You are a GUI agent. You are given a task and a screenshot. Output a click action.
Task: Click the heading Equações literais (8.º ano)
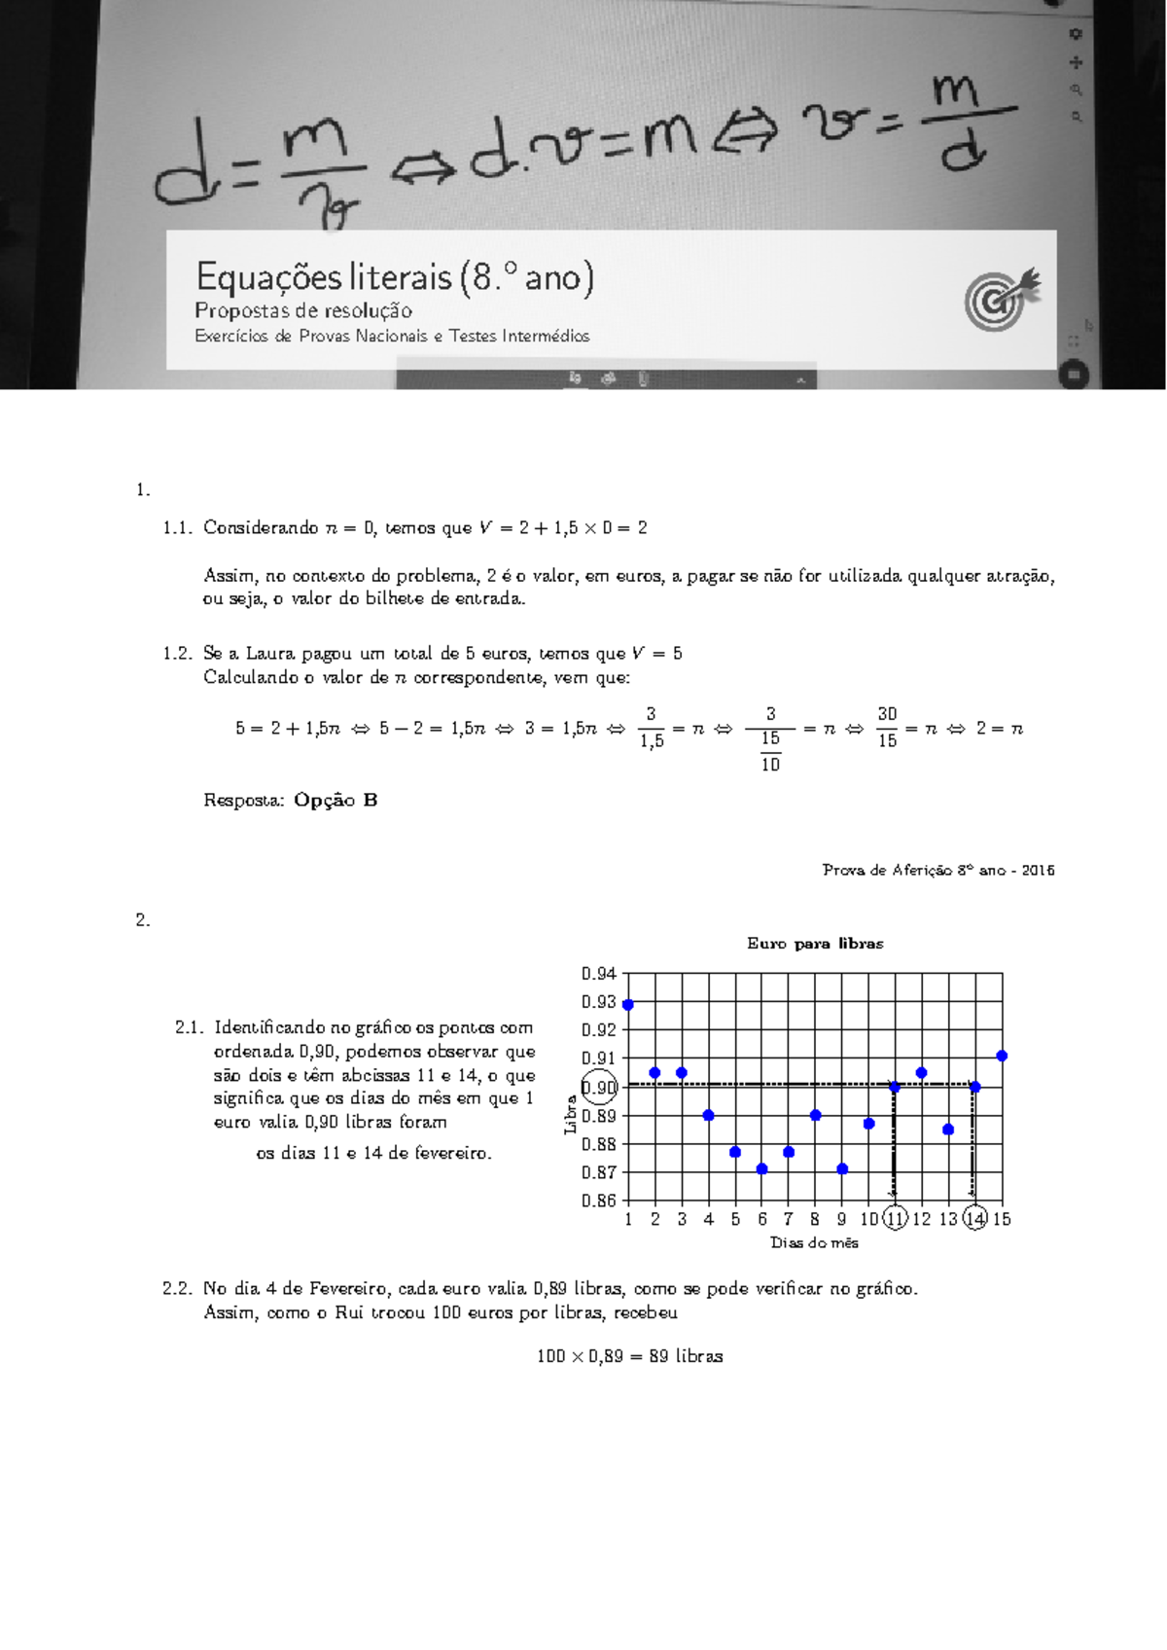[394, 278]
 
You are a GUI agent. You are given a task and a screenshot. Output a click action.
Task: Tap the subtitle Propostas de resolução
[303, 311]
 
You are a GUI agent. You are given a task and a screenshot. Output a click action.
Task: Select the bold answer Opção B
[336, 800]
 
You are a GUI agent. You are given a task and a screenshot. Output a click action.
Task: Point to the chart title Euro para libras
[815, 943]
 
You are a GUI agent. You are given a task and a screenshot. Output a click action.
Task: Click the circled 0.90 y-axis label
[599, 1088]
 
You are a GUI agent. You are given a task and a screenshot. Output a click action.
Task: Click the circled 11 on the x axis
[895, 1218]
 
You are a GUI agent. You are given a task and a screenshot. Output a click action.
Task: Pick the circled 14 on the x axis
[974, 1218]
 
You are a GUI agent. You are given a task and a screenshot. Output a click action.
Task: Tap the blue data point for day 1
[628, 1005]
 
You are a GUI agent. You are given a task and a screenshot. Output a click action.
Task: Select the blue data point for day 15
[1002, 1056]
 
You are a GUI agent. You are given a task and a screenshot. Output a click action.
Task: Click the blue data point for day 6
[762, 1169]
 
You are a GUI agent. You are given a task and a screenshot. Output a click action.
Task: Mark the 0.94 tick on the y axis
[599, 973]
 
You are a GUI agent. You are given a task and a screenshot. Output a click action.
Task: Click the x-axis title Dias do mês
[814, 1242]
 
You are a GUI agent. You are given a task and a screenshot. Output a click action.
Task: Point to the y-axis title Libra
[571, 1114]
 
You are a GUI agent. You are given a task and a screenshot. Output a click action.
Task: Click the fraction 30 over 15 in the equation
[887, 728]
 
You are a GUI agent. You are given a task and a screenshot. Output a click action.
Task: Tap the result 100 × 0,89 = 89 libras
[629, 1355]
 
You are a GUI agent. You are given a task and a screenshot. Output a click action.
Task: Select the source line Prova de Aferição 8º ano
[937, 870]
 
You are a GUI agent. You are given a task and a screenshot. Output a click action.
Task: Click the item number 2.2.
[178, 1288]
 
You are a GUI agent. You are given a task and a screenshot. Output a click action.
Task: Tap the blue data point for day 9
[842, 1169]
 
